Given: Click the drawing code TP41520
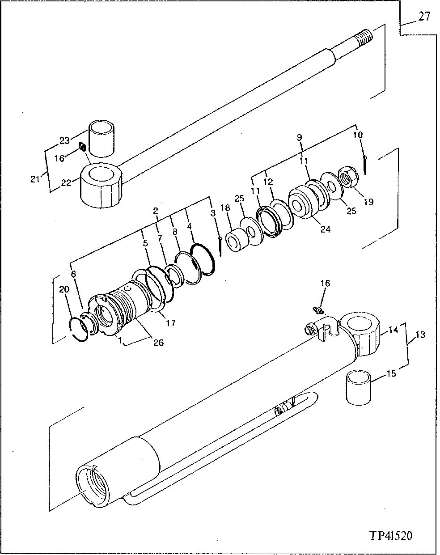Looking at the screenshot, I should [391, 536].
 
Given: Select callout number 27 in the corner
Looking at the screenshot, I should [424, 17].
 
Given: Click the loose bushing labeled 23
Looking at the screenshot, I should [102, 138].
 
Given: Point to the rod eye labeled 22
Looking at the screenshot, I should [101, 185].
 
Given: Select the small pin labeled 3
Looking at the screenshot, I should [221, 246].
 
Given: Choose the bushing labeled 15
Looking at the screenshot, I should [359, 387].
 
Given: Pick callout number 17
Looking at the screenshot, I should [171, 322].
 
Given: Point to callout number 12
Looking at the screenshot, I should [268, 182].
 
